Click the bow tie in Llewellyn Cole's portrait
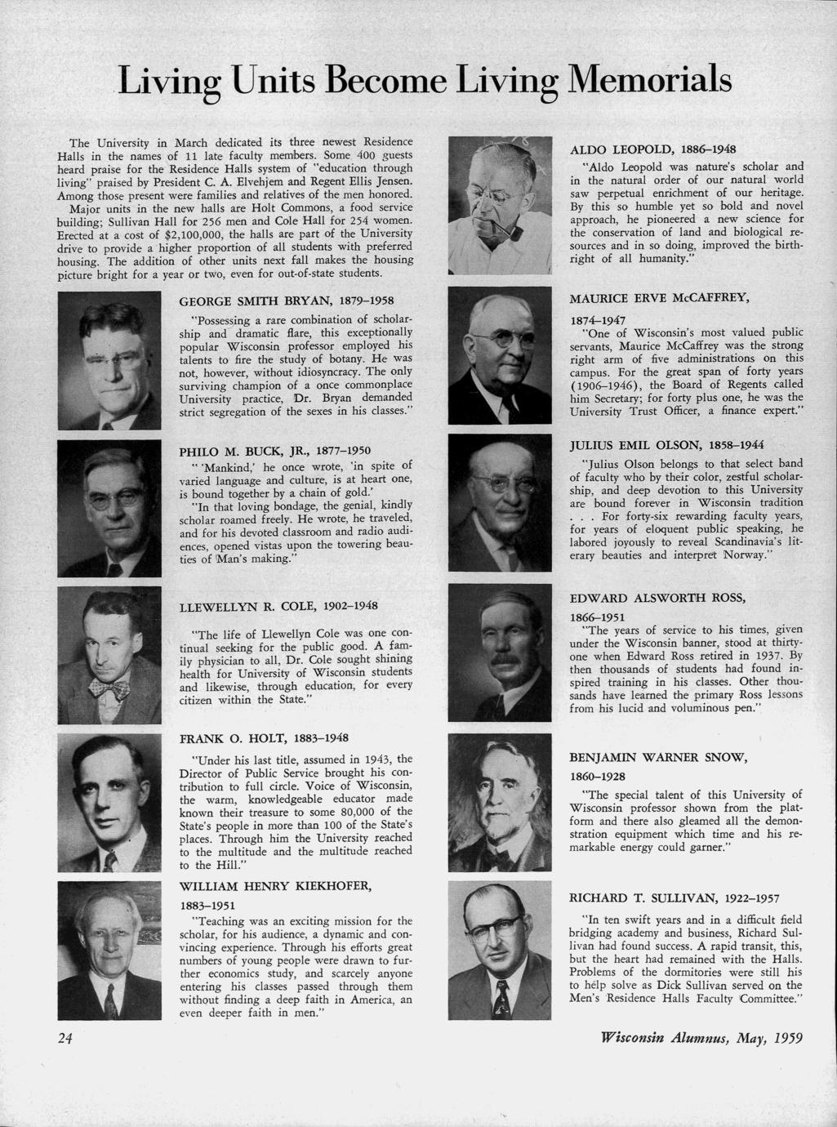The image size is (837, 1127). [109, 691]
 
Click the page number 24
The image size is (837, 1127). [65, 1038]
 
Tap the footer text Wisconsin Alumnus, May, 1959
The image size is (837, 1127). [701, 1039]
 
